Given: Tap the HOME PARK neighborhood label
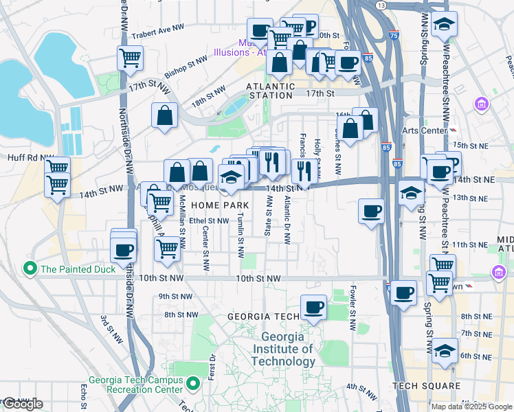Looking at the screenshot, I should pyautogui.click(x=220, y=205).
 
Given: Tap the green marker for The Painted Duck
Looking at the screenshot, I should pyautogui.click(x=29, y=268).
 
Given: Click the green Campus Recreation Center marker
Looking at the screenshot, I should pyautogui.click(x=194, y=383).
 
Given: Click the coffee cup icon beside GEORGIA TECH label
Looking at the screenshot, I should pyautogui.click(x=313, y=307).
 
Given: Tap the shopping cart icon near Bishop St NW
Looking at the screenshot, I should pyautogui.click(x=130, y=58).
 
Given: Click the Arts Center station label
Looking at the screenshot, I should pyautogui.click(x=420, y=130).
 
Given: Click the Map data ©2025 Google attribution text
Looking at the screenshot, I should pyautogui.click(x=471, y=407).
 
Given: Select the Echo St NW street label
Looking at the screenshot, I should pyautogui.click(x=83, y=395).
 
